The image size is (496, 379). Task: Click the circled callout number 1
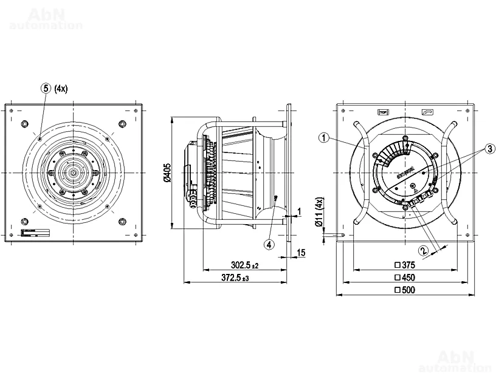click(x=323, y=138)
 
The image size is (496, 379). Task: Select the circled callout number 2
click(x=422, y=249)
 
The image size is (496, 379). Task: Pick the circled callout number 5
click(x=46, y=87)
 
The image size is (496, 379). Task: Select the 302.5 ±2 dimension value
click(x=245, y=265)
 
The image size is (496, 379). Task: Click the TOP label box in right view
click(x=383, y=112)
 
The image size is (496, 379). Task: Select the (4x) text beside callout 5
click(x=61, y=88)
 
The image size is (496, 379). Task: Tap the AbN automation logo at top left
click(x=46, y=18)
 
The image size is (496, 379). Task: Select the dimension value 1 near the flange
click(x=300, y=211)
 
